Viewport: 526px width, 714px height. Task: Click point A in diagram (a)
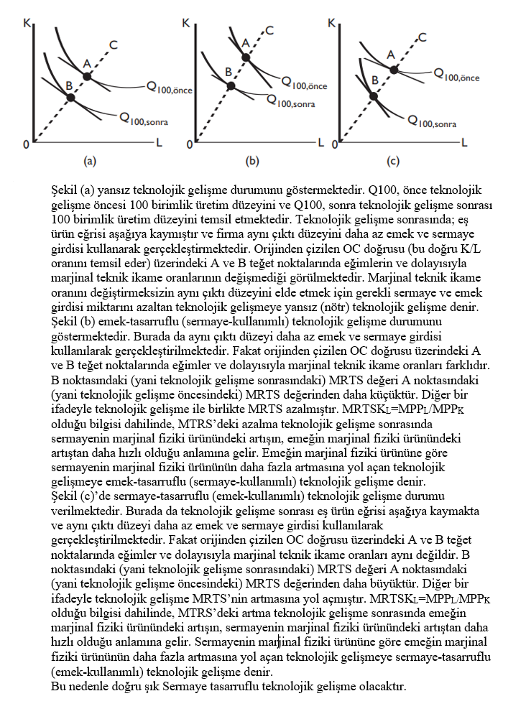(x=87, y=75)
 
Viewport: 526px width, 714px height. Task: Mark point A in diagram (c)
(x=394, y=68)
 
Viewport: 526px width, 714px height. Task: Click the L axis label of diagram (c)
(x=465, y=142)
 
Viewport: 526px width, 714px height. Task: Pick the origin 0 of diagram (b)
(x=190, y=145)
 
